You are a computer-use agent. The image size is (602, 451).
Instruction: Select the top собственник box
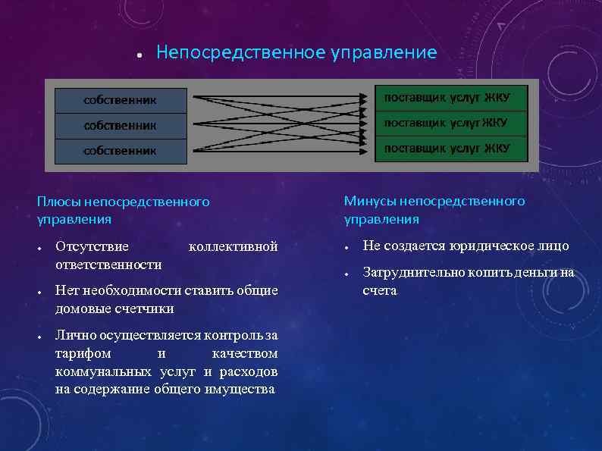tap(121, 99)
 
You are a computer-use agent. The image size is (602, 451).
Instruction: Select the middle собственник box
tap(121, 125)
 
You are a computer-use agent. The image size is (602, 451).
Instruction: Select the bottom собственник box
tap(121, 151)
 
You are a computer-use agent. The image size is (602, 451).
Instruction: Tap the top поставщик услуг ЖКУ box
tap(450, 98)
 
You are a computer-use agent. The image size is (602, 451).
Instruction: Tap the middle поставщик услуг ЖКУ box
tap(450, 123)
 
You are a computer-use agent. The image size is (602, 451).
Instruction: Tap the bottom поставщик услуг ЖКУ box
tap(450, 149)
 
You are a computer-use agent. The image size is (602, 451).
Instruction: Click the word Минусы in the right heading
tap(370, 201)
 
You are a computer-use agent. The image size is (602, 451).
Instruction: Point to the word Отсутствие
tap(92, 246)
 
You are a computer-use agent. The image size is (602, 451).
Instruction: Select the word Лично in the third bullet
tap(74, 335)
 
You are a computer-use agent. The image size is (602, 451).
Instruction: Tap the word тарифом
tap(83, 353)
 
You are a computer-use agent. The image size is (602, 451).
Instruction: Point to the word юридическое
tap(486, 246)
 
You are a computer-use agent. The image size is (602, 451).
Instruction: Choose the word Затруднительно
tap(412, 272)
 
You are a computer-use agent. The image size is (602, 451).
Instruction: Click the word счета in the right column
tap(379, 290)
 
